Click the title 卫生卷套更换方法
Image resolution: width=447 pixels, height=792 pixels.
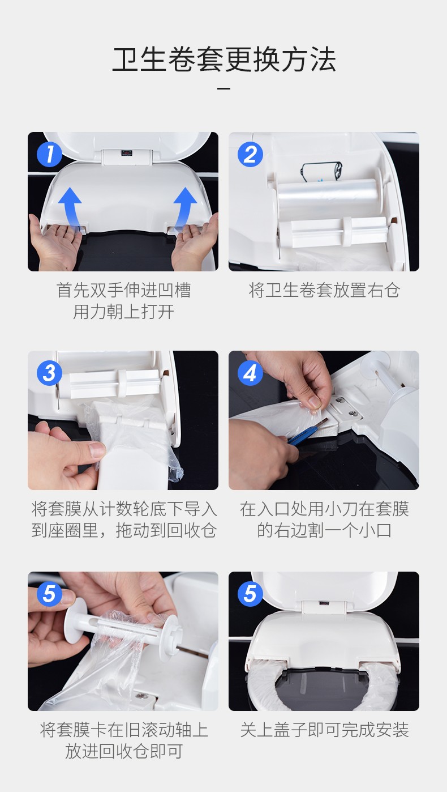pyautogui.click(x=224, y=59)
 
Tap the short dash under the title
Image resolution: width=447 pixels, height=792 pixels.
pyautogui.click(x=224, y=88)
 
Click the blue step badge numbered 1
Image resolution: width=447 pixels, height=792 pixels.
pyautogui.click(x=50, y=154)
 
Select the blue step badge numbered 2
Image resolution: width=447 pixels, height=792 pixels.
pyautogui.click(x=250, y=154)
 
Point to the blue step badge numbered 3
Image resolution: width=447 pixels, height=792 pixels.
pyautogui.click(x=50, y=373)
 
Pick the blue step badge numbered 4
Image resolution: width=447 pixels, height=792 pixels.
pyautogui.click(x=250, y=373)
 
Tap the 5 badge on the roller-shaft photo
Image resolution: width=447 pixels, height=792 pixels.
pyautogui.click(x=50, y=594)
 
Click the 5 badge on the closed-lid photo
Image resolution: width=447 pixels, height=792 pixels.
pyautogui.click(x=250, y=594)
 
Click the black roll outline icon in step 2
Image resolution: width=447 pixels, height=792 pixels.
pyautogui.click(x=321, y=172)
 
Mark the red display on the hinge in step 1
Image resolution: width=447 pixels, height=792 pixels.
pyautogui.click(x=126, y=154)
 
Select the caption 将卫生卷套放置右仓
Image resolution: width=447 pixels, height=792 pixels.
pyautogui.click(x=324, y=290)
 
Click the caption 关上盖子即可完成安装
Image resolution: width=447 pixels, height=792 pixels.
pyautogui.click(x=324, y=730)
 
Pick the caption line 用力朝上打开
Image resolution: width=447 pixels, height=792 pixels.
pyautogui.click(x=123, y=312)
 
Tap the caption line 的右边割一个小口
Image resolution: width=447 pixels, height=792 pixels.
pyautogui.click(x=324, y=531)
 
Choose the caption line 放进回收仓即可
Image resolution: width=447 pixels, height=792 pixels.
pyautogui.click(x=123, y=751)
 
